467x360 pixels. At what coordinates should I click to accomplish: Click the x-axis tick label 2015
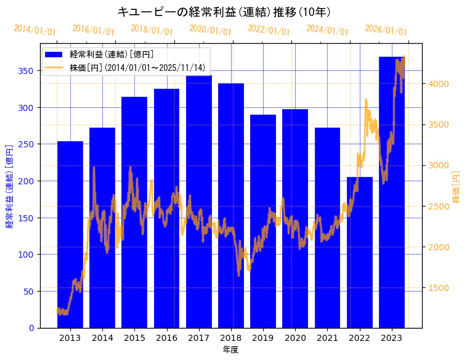click(134, 337)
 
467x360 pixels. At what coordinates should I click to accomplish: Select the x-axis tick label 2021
click(327, 337)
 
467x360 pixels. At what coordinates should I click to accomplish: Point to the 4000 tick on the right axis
click(439, 84)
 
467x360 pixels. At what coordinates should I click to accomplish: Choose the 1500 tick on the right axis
click(439, 288)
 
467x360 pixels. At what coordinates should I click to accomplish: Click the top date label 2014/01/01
click(35, 30)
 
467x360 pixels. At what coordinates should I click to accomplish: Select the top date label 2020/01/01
click(210, 30)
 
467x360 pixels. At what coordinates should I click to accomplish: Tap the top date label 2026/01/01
click(386, 30)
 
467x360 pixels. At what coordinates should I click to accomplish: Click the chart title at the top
click(224, 12)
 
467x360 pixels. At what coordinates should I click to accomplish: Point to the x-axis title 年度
click(230, 350)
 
